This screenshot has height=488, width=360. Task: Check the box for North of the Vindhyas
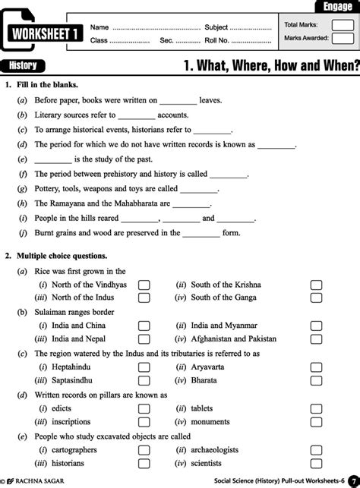[x=144, y=285]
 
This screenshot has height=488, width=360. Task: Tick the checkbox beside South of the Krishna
[x=316, y=285]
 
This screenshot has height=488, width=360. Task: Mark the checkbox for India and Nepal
[x=144, y=339]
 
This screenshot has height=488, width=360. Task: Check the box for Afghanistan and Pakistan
[x=316, y=339]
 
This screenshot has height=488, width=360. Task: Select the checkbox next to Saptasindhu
[x=144, y=380]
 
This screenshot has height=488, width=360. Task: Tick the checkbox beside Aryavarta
[x=316, y=367]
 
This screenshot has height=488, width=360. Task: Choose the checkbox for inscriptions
[x=144, y=421]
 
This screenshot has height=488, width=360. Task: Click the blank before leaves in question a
[x=178, y=100]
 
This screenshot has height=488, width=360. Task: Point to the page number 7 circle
[x=352, y=480]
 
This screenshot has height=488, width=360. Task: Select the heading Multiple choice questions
[x=62, y=257]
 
